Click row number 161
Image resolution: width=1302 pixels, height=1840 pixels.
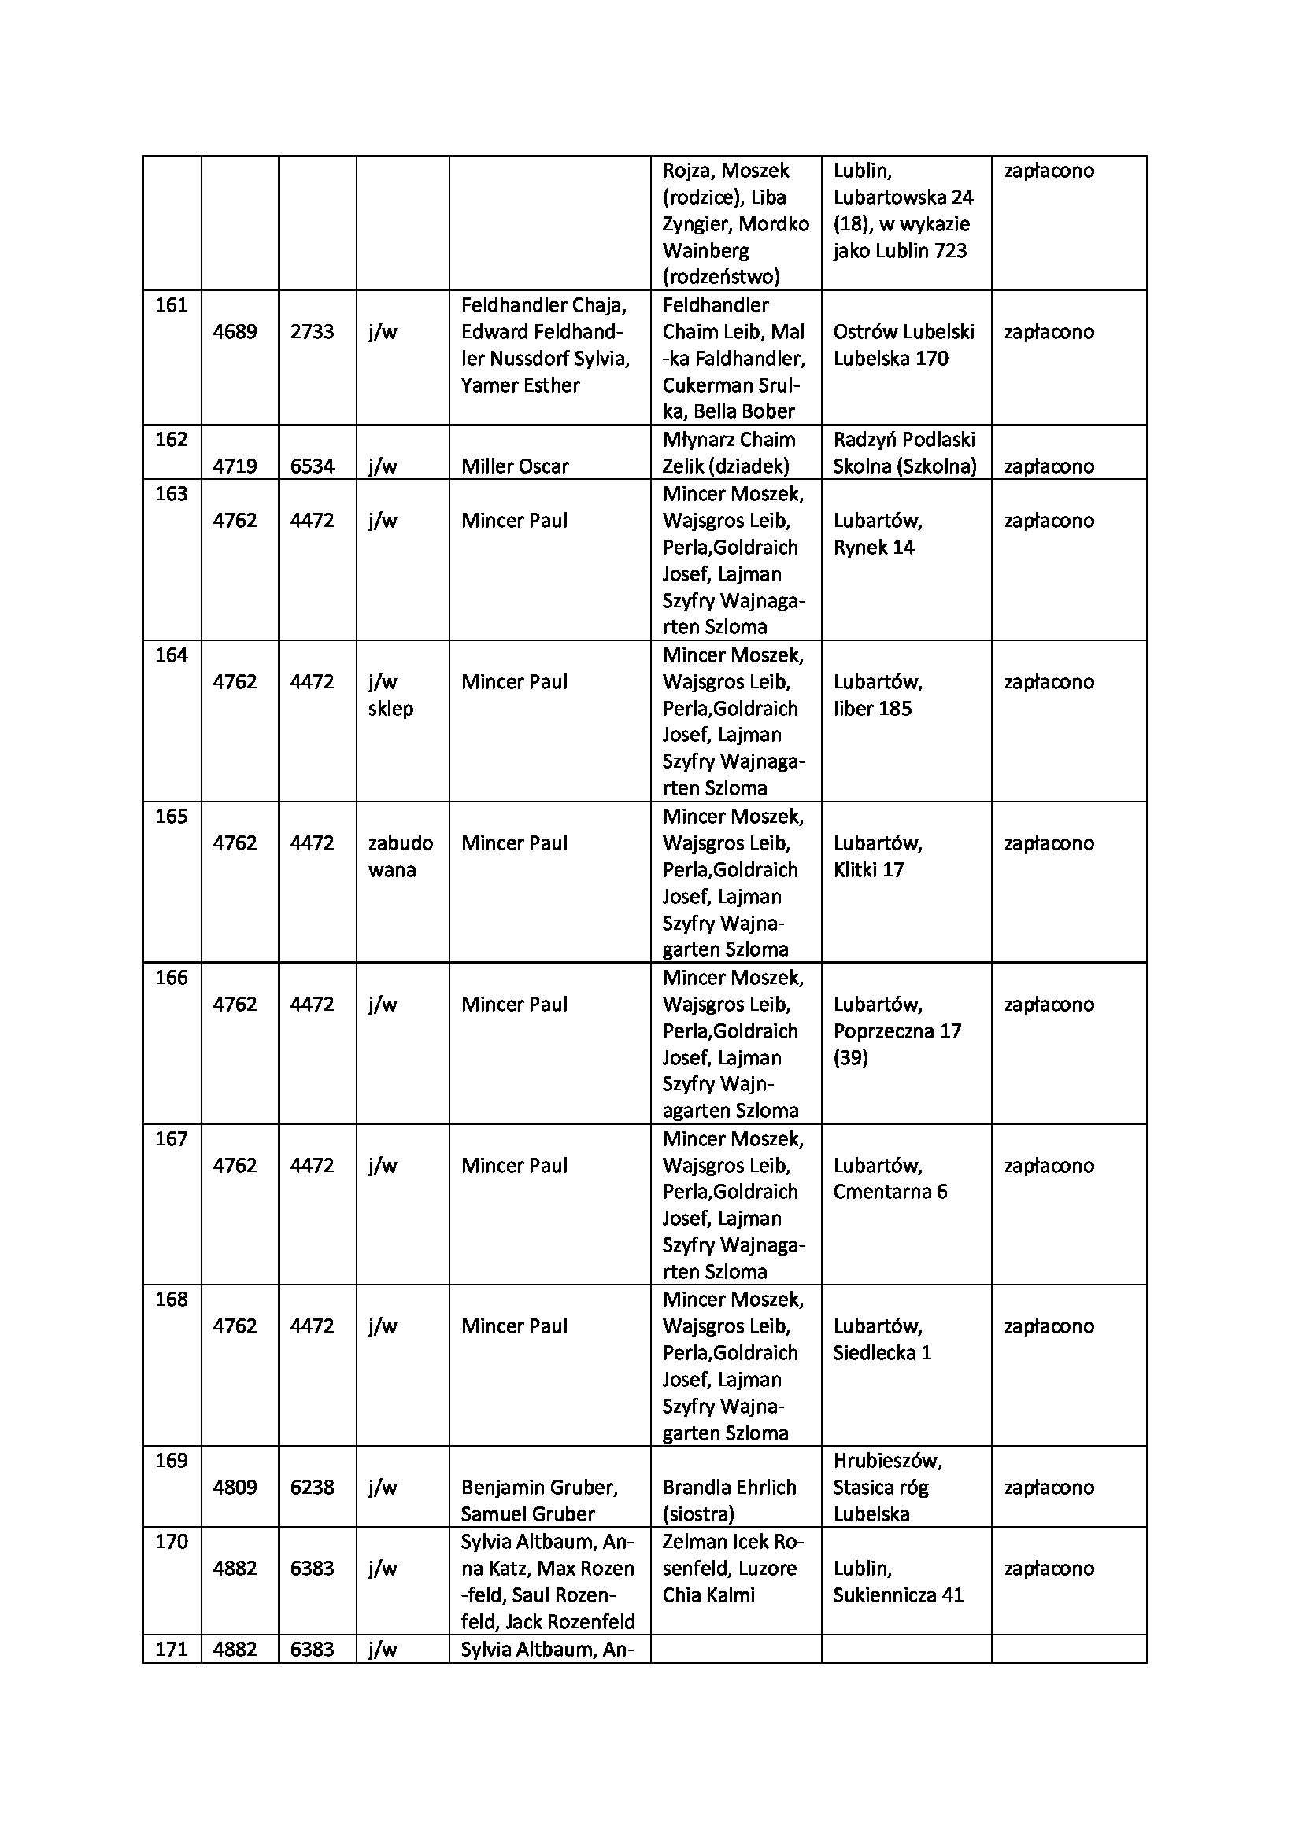pos(171,305)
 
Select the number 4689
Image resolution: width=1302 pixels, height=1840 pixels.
pos(235,332)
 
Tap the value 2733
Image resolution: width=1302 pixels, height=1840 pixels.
pos(312,332)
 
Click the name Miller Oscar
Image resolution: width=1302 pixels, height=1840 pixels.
pos(515,466)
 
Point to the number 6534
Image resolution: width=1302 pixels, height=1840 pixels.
pos(312,466)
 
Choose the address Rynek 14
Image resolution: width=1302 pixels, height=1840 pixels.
pos(873,548)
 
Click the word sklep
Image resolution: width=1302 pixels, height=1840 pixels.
pos(390,709)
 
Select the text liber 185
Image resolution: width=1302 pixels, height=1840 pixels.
pos(872,709)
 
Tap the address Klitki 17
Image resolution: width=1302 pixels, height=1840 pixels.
pos(868,869)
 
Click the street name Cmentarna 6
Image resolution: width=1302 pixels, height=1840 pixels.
pos(890,1192)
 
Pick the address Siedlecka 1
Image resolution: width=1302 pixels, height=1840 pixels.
pos(882,1353)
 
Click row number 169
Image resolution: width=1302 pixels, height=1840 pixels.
pos(171,1461)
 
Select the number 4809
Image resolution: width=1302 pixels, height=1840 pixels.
pos(235,1488)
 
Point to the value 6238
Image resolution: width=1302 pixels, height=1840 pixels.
pos(312,1488)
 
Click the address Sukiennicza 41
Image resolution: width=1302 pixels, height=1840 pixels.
pos(898,1595)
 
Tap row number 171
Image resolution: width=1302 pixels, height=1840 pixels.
pos(171,1650)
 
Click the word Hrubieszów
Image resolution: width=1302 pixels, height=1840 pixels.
pos(887,1461)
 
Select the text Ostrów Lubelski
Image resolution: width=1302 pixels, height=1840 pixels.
pos(904,332)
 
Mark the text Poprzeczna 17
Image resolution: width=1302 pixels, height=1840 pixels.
pos(897,1031)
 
